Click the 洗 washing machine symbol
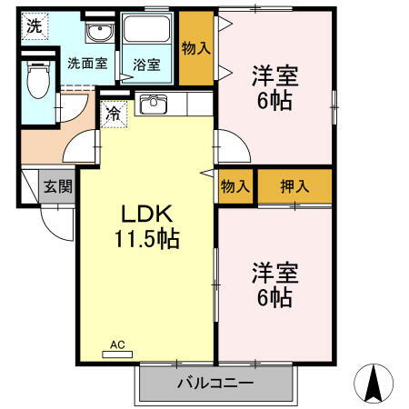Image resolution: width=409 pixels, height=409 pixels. (33, 26)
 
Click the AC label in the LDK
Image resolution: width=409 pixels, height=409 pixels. (116, 346)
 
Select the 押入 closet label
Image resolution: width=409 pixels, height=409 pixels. (293, 186)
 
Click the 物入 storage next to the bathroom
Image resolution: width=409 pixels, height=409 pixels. (195, 48)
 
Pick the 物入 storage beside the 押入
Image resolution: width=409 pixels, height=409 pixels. (235, 186)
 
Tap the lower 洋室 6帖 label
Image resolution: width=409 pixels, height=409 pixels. (273, 284)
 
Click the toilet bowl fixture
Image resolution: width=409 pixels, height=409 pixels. (38, 82)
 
